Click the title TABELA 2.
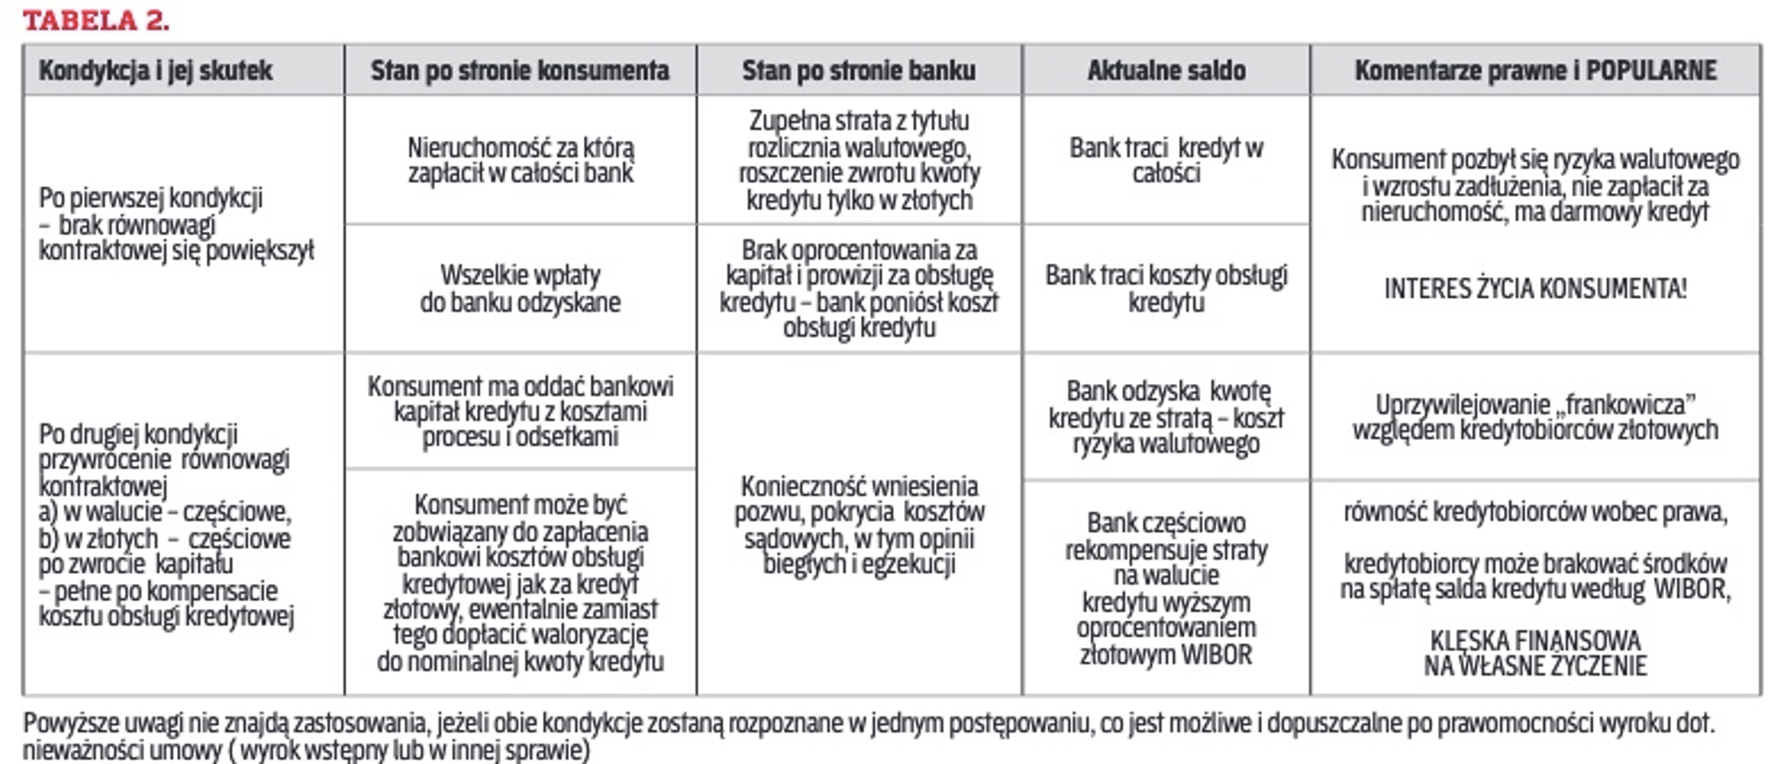click(x=96, y=20)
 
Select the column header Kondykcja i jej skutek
click(x=156, y=71)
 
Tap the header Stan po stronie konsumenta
click(x=520, y=71)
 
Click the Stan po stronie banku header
click(x=859, y=71)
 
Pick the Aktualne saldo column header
click(x=1166, y=71)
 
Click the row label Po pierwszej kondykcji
click(x=151, y=198)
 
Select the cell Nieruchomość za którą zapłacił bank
click(x=521, y=160)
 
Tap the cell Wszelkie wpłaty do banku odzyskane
click(x=521, y=289)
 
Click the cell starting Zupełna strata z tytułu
click(x=859, y=160)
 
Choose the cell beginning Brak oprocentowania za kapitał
click(x=859, y=289)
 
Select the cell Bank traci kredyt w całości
click(x=1166, y=160)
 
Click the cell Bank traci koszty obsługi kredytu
click(x=1166, y=289)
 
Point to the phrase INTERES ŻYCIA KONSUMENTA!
click(x=1535, y=289)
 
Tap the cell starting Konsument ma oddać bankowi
click(x=521, y=412)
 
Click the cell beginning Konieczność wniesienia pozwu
click(x=859, y=525)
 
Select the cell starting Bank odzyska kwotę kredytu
click(x=1166, y=417)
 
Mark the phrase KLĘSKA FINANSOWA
click(x=1535, y=641)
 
